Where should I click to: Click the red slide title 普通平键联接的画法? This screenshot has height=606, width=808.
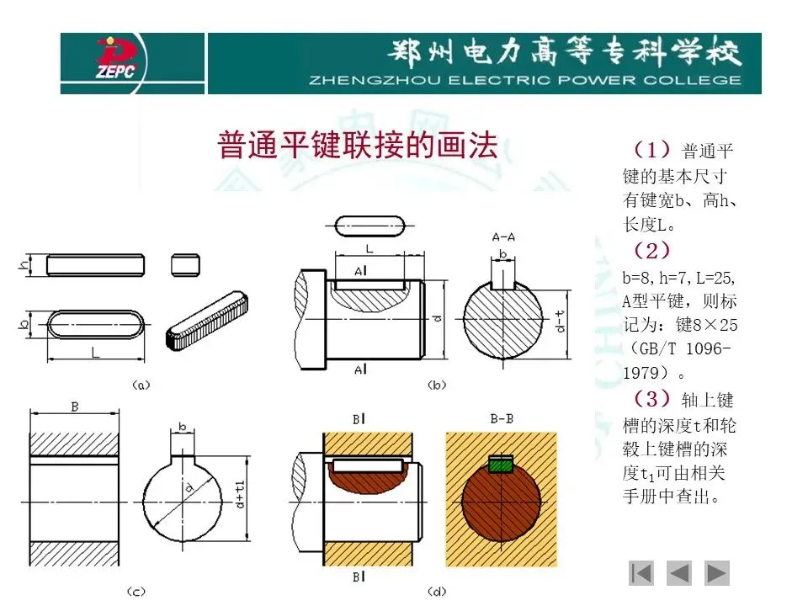pos(358,145)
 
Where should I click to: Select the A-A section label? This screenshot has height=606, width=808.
pos(503,237)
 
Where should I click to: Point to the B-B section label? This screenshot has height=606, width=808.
pos(502,419)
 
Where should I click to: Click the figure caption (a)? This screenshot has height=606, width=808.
pos(141,385)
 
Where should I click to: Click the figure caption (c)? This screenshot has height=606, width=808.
pos(136,592)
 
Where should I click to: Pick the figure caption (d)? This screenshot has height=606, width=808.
pos(437,592)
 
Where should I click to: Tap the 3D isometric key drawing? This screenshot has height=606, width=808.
pos(207,321)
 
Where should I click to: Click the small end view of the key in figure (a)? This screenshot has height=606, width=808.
pos(185,265)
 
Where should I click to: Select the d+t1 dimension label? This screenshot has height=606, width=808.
pos(240,495)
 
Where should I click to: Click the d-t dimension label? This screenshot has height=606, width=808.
pos(560,321)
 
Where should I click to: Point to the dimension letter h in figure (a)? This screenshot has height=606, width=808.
pos(24,265)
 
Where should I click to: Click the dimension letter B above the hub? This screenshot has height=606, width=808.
pos(75,407)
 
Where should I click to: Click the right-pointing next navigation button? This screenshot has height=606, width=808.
pos(716,573)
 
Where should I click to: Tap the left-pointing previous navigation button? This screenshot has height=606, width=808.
pos(679,573)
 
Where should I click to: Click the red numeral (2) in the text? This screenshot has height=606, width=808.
pos(651,251)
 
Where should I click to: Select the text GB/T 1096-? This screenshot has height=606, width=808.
pos(685,348)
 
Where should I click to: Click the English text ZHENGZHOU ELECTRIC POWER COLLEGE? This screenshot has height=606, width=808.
pos(525,81)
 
